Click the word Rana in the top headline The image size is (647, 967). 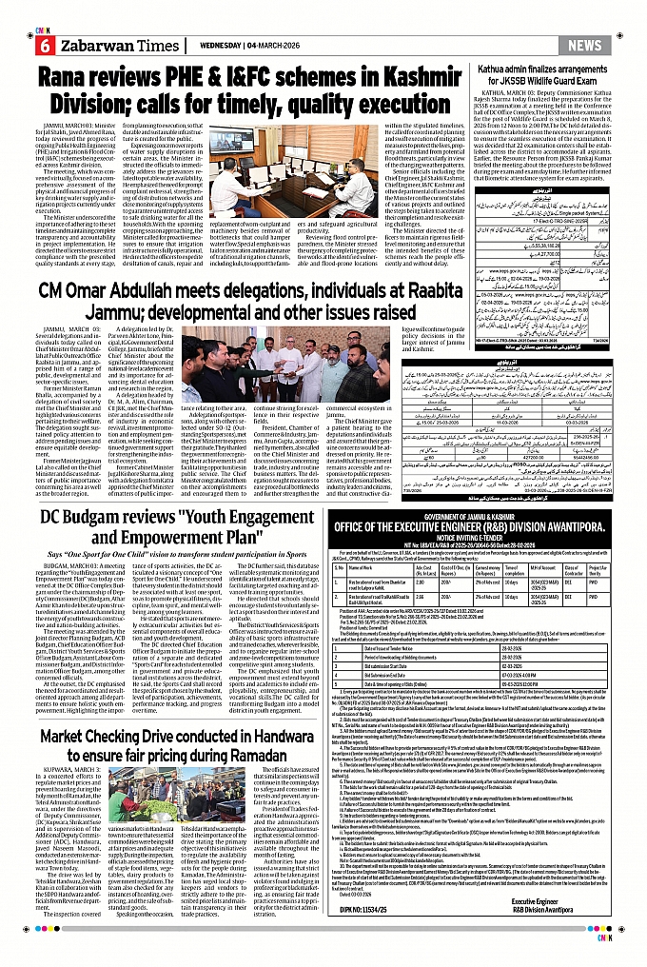click(x=79, y=77)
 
